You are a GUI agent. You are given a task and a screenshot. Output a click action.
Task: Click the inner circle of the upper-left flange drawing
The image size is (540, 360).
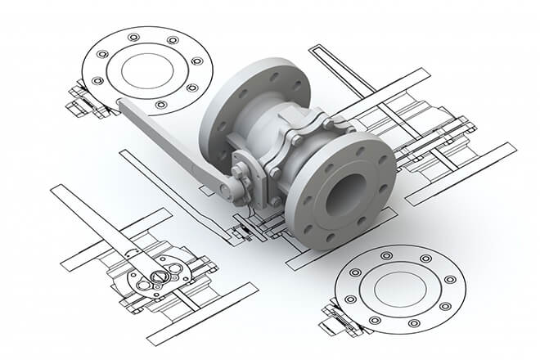click(146, 69)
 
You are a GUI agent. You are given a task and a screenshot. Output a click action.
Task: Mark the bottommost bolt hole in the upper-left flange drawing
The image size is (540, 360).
click(160, 105)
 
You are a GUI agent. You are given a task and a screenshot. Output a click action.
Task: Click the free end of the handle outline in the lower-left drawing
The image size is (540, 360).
click(57, 193)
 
